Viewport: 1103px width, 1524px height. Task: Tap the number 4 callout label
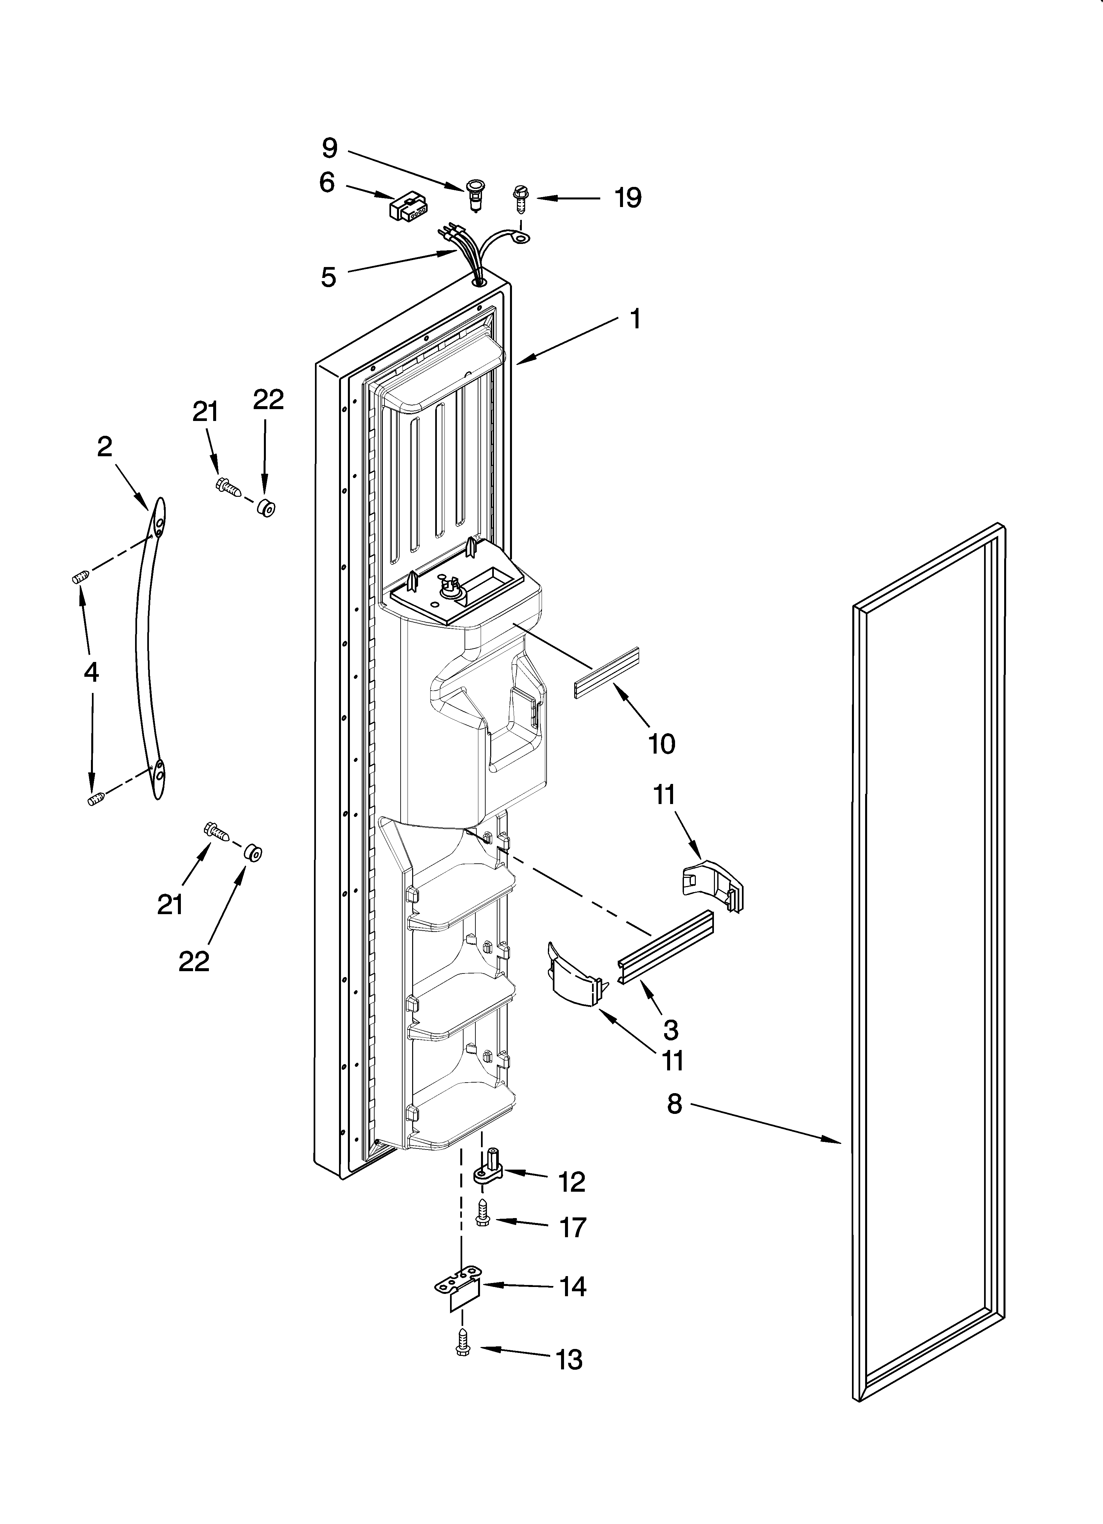click(x=91, y=672)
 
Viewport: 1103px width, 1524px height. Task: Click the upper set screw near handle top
click(x=80, y=577)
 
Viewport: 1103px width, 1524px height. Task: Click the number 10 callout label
click(x=662, y=744)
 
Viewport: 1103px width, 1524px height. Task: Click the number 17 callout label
click(x=573, y=1228)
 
